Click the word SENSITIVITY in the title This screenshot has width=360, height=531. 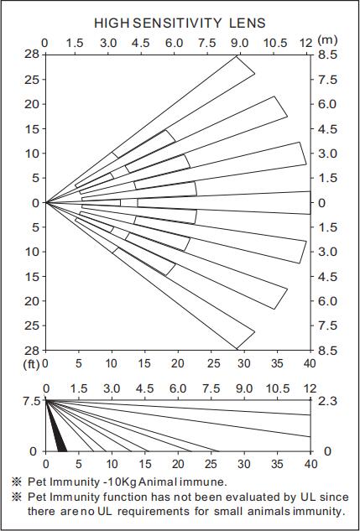176,23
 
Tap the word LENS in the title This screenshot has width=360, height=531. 248,23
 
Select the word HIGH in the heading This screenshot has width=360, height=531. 112,23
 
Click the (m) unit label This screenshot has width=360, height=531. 327,40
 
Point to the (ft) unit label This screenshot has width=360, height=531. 31,365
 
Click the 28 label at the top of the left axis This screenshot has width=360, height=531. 33,55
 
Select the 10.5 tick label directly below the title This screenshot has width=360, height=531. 274,43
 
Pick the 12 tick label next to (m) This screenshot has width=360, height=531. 306,43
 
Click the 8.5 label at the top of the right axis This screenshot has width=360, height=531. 326,55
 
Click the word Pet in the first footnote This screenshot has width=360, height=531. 35,482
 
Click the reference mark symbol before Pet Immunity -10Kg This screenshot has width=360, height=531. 16,482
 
